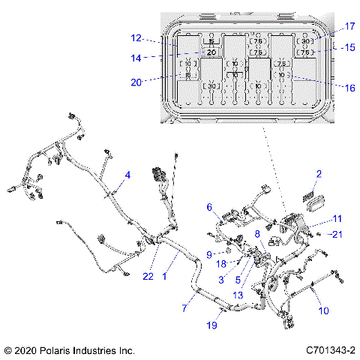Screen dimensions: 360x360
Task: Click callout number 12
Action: click(136, 37)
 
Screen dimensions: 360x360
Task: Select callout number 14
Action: click(136, 57)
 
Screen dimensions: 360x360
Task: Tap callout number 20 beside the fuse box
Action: click(136, 82)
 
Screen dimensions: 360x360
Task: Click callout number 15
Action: click(348, 46)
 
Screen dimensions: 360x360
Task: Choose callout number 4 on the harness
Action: click(127, 175)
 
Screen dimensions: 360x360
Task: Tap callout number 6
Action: click(210, 207)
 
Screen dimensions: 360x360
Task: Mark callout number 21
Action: click(336, 235)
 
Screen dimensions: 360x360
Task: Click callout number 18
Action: click(223, 264)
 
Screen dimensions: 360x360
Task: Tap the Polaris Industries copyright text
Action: click(69, 350)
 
